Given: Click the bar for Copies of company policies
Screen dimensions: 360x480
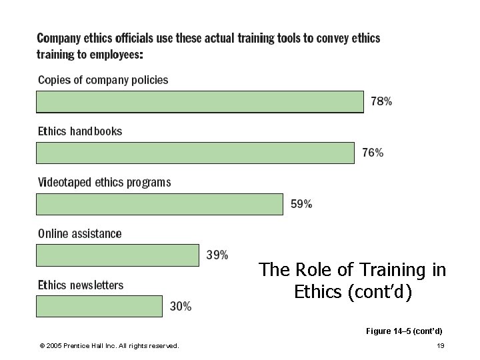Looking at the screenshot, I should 200,102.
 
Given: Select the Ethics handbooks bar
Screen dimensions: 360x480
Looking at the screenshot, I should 195,153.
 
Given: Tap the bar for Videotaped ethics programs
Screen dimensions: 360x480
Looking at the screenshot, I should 159,204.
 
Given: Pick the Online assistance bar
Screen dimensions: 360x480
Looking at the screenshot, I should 117,255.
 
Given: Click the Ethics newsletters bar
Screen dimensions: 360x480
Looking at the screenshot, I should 99,306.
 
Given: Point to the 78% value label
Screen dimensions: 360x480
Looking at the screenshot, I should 381,102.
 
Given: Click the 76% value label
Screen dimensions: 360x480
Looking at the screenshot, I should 373,153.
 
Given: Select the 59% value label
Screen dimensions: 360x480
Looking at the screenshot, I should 301,204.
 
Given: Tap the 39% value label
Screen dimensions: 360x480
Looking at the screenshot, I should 217,255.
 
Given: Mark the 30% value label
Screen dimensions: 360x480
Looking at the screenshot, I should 181,307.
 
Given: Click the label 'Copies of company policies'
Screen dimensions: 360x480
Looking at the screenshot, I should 103,80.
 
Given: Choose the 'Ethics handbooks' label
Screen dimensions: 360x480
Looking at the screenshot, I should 80,131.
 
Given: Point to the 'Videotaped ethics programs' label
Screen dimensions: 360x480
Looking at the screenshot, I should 104,182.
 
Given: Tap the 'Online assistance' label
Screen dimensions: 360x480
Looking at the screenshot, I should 80,234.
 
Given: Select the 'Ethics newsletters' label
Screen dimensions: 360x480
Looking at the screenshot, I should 81,285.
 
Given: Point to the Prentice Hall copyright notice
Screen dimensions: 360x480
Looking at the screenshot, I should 109,345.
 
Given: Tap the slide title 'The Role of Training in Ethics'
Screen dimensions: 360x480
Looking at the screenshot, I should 353,280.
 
